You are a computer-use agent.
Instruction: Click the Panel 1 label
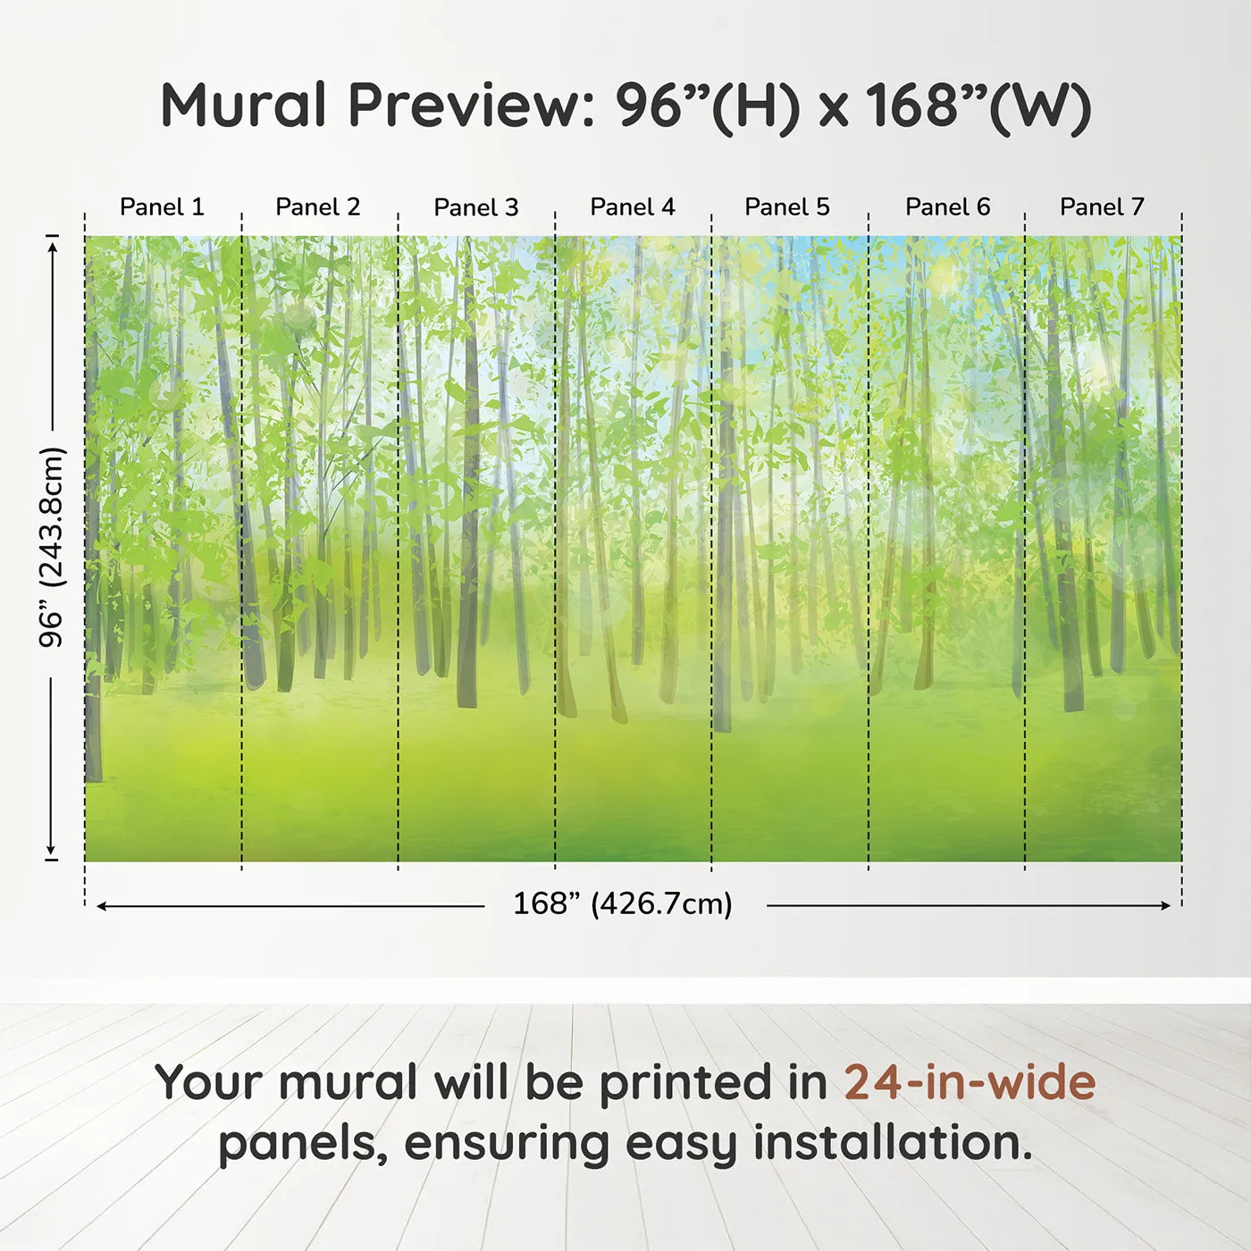pyautogui.click(x=163, y=207)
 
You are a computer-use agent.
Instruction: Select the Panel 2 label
pyautogui.click(x=318, y=207)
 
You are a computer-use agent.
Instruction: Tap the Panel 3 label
pyautogui.click(x=476, y=207)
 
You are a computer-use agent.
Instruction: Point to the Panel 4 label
pyautogui.click(x=633, y=207)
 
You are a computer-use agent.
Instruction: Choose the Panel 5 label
pyautogui.click(x=787, y=207)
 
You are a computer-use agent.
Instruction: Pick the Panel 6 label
pyautogui.click(x=948, y=207)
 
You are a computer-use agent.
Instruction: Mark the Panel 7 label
pyautogui.click(x=1102, y=207)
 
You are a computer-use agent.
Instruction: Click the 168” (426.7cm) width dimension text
pyautogui.click(x=623, y=903)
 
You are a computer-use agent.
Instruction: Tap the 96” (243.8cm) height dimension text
pyautogui.click(x=51, y=547)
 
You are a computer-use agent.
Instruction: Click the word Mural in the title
pyautogui.click(x=243, y=105)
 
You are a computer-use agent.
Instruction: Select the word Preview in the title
pyautogui.click(x=472, y=105)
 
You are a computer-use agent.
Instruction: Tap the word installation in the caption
pyautogui.click(x=894, y=1143)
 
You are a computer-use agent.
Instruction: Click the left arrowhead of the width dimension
pyautogui.click(x=102, y=906)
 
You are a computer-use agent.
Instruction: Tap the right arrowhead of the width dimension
pyautogui.click(x=1165, y=905)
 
